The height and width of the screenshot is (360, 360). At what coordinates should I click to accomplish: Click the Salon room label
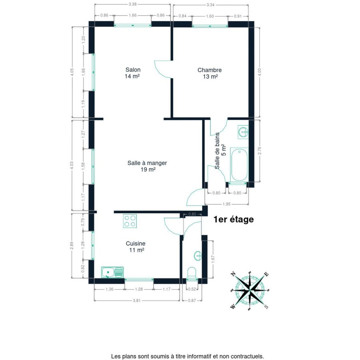pyautogui.click(x=133, y=73)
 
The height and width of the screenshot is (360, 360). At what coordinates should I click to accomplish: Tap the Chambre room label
pyautogui.click(x=210, y=73)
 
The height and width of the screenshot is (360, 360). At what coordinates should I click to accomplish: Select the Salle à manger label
pyautogui.click(x=147, y=166)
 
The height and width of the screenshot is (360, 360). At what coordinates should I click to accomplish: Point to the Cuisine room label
pyautogui.click(x=136, y=246)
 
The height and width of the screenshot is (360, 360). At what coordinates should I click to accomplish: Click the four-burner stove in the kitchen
pyautogui.click(x=130, y=221)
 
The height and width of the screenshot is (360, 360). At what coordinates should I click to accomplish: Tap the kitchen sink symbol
pyautogui.click(x=112, y=272)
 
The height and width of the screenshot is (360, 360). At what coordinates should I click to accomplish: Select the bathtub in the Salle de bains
pyautogui.click(x=239, y=165)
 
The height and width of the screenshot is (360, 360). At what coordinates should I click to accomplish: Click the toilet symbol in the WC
pyautogui.click(x=192, y=272)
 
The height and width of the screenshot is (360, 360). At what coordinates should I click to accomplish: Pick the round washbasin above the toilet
pyautogui.click(x=198, y=256)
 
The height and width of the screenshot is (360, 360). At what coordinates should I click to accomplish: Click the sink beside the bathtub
pyautogui.click(x=243, y=132)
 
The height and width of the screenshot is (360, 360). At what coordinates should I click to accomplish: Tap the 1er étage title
pyautogui.click(x=234, y=219)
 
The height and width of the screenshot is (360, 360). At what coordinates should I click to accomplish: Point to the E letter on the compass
pyautogui.click(x=266, y=274)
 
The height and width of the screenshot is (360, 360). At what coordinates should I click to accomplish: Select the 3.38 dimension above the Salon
pyautogui.click(x=132, y=4)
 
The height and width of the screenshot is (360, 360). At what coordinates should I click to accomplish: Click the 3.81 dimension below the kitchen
pyautogui.click(x=136, y=300)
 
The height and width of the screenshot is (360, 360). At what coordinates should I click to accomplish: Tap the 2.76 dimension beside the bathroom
pyautogui.click(x=260, y=151)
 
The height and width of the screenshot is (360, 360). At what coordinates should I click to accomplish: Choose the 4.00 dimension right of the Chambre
pyautogui.click(x=260, y=72)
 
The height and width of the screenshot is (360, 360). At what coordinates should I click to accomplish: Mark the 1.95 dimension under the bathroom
pyautogui.click(x=226, y=204)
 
